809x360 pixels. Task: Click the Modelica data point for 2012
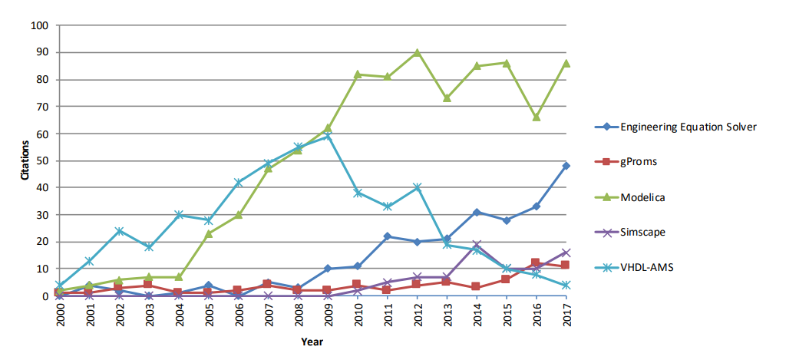(417, 53)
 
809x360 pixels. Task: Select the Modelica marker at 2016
(537, 117)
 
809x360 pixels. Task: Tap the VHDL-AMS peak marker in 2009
(327, 136)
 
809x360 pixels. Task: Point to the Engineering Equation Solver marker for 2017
(566, 166)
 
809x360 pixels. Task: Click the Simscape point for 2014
(477, 245)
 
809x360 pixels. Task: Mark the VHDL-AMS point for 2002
(120, 231)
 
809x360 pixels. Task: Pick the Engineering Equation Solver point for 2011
(387, 236)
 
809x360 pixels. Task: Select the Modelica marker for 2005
(209, 233)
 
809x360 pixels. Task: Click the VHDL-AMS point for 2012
(417, 187)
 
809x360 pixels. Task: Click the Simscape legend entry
(643, 233)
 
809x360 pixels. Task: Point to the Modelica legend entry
(642, 197)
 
